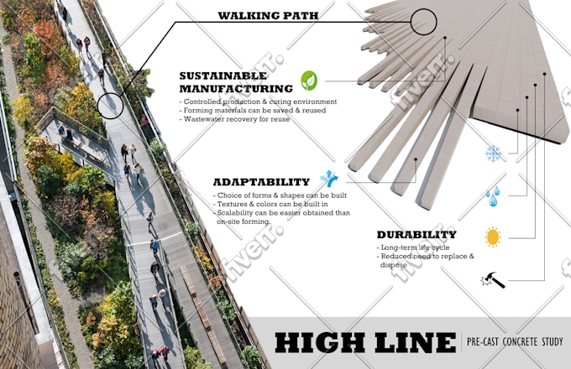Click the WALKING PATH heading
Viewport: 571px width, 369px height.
click(268, 16)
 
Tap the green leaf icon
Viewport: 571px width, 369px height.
click(309, 81)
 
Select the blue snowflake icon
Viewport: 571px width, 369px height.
click(494, 153)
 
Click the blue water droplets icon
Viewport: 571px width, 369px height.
click(493, 196)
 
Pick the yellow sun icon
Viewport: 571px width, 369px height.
click(493, 237)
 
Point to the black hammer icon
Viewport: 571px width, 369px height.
click(493, 280)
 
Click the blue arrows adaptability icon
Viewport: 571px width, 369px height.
click(329, 178)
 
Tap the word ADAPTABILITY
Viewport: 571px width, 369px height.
click(261, 182)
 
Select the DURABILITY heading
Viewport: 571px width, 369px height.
click(416, 235)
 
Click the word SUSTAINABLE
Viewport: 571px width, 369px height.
click(223, 75)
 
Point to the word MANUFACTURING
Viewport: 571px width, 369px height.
click(236, 89)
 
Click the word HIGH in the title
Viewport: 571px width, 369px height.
click(320, 342)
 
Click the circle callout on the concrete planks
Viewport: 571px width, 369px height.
click(423, 22)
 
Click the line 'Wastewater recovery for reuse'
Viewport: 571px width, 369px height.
click(235, 119)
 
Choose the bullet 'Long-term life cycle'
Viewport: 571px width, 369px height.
click(413, 247)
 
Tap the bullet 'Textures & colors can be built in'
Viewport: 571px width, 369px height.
click(270, 205)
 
